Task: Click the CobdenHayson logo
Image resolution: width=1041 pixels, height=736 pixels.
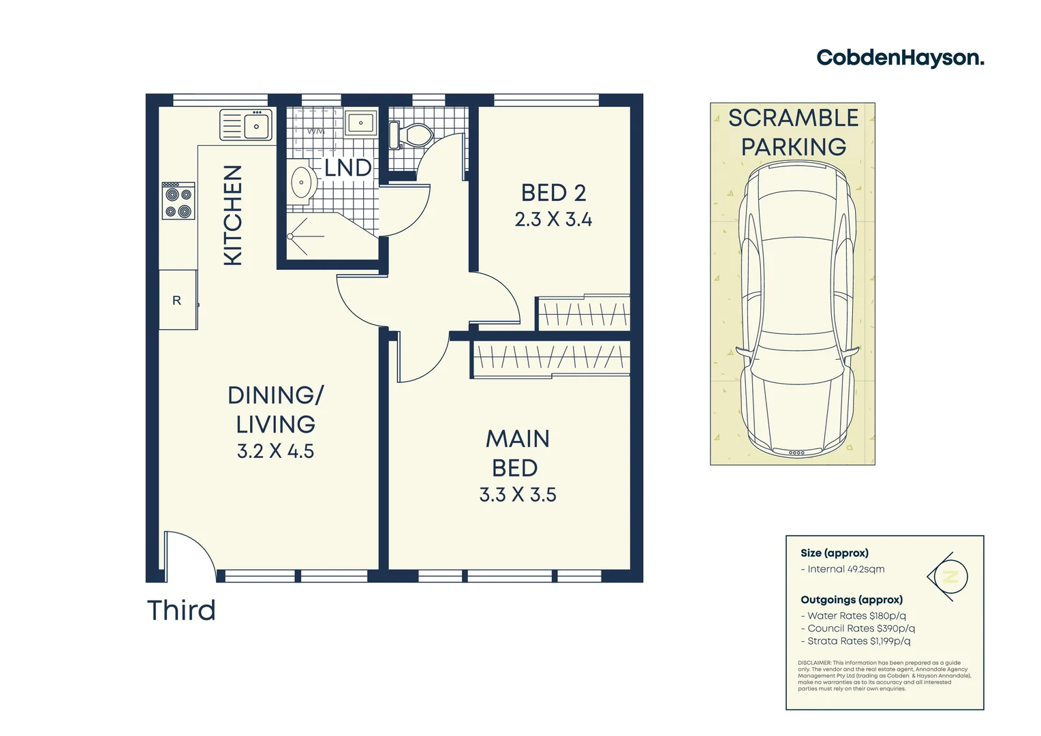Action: click(899, 58)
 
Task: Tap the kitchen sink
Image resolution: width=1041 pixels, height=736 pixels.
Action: click(246, 125)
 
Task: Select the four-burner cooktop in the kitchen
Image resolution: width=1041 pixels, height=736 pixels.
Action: click(178, 201)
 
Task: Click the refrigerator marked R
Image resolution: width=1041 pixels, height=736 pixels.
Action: click(178, 300)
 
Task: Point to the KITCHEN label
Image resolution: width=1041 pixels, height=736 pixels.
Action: click(233, 215)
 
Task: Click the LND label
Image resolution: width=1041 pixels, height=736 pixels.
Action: click(347, 168)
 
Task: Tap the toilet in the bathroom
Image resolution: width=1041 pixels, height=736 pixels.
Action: click(411, 134)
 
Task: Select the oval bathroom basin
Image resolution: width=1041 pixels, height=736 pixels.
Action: click(301, 183)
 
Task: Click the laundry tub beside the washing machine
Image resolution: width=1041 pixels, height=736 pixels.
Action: click(360, 123)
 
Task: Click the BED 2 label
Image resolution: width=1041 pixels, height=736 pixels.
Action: click(553, 193)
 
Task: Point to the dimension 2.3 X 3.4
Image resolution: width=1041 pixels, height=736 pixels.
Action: click(553, 219)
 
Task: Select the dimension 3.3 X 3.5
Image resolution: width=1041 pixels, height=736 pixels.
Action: click(518, 495)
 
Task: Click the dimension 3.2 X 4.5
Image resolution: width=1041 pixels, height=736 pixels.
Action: click(275, 451)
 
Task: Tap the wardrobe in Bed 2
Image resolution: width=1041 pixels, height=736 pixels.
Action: click(583, 313)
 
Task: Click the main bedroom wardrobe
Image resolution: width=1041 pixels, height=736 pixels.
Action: click(550, 358)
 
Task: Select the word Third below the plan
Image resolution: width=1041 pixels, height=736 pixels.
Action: click(181, 611)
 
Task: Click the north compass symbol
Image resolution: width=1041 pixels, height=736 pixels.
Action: click(948, 577)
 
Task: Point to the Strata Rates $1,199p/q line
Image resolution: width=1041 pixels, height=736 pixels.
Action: click(856, 641)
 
